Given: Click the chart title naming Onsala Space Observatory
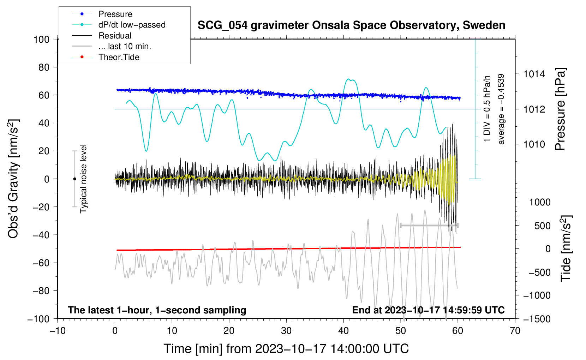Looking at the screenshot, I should point(351,25).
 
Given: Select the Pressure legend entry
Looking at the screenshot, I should point(115,14).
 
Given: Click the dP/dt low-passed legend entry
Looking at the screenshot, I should point(132,25).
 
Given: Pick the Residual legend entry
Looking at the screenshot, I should point(115,36).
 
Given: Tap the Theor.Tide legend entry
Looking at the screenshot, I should point(119,57).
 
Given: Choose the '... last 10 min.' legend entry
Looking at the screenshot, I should point(125,46).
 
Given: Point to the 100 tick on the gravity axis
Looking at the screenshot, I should point(42,39).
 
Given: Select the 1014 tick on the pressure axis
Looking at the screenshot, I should point(534,74).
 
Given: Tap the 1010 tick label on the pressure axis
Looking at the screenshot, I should point(534,144).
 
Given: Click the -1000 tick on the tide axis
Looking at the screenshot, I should point(537,295).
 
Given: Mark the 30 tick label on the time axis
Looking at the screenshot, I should point(286,331).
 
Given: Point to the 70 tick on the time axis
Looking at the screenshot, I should point(515,331).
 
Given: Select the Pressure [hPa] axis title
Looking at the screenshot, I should point(560,109).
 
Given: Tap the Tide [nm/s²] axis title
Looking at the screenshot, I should point(566,248).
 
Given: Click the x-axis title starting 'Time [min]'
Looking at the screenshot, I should point(286,349).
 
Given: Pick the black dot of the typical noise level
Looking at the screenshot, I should point(74,179).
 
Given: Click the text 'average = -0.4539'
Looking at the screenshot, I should point(501,109).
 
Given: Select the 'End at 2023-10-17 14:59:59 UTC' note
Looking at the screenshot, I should point(428,310).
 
